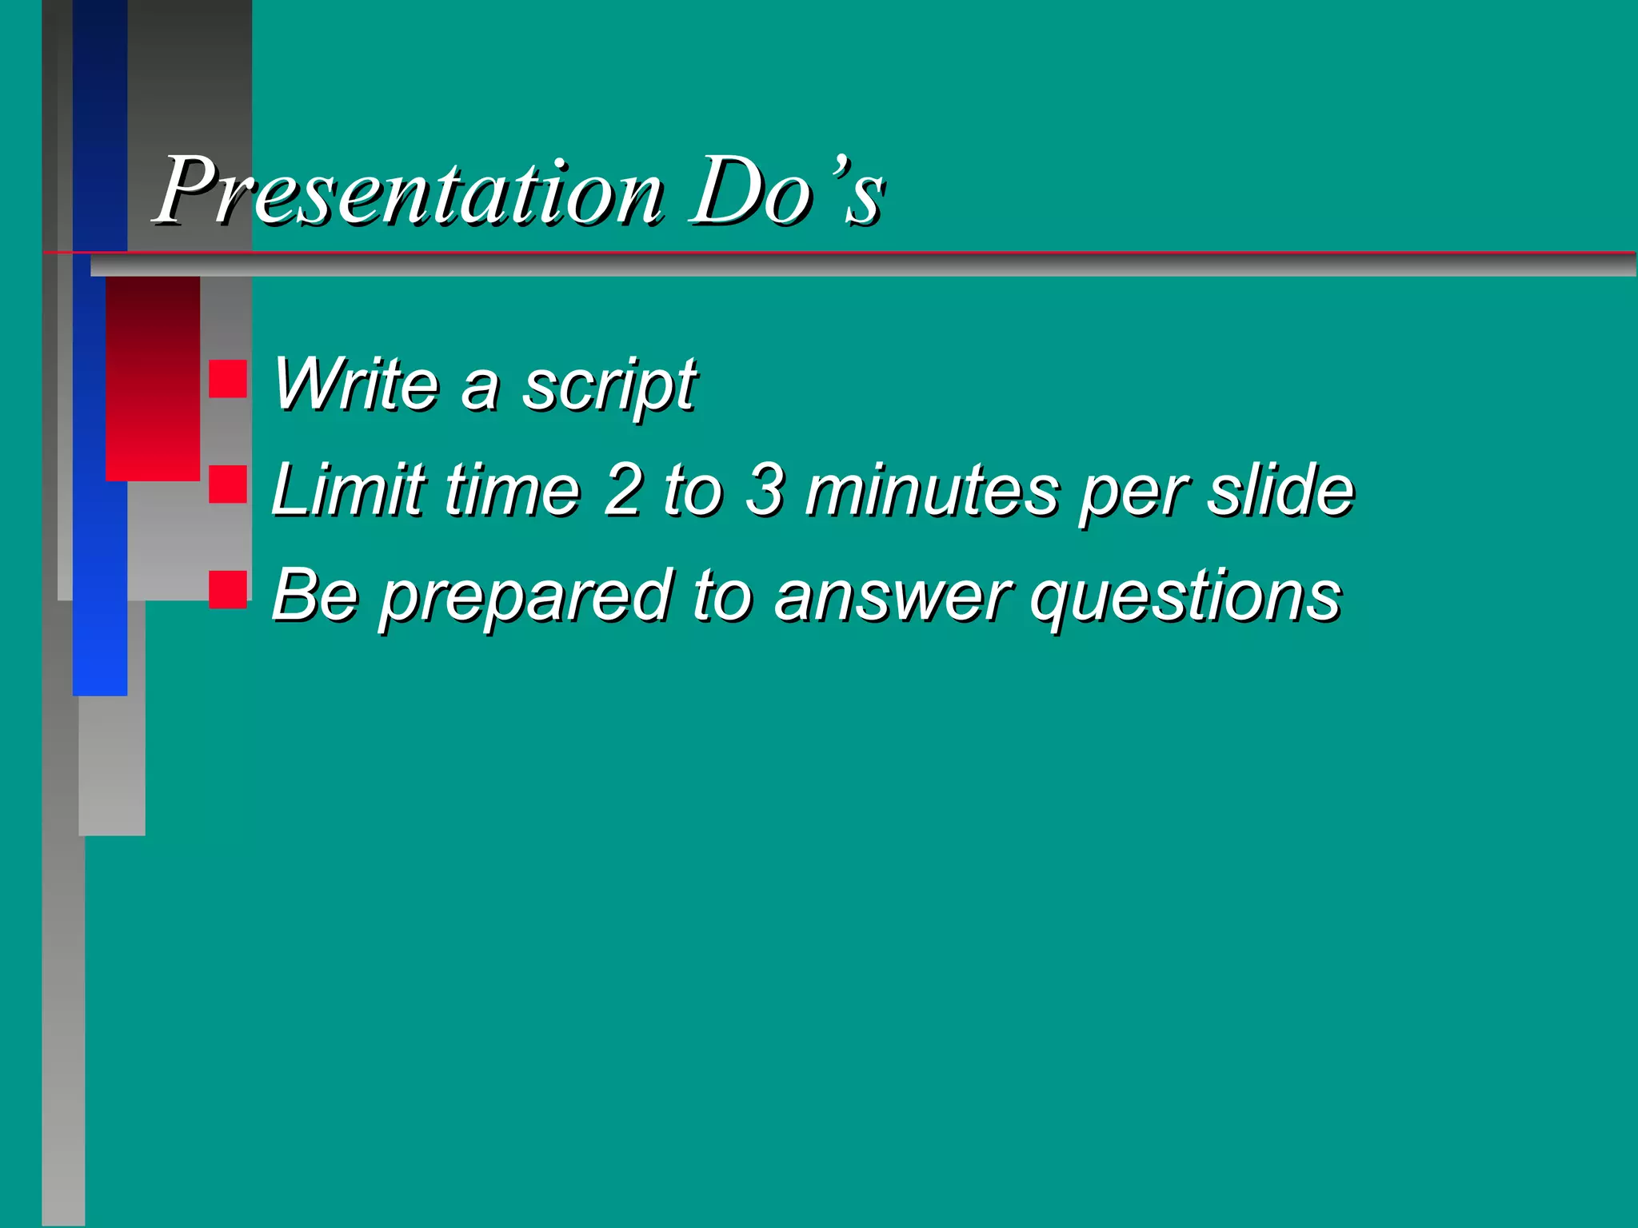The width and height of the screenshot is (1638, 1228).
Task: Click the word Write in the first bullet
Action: click(356, 385)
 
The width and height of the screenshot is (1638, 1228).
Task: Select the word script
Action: click(609, 386)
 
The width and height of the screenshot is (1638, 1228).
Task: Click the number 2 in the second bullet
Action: click(623, 489)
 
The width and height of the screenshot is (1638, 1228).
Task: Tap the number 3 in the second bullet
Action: click(765, 489)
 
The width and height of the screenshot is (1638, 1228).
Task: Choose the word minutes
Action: click(932, 489)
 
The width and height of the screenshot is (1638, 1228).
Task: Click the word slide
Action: click(1280, 489)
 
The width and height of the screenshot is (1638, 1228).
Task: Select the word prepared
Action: click(525, 596)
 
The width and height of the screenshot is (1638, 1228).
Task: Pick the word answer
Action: click(892, 596)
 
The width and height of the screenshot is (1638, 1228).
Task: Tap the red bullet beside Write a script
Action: click(228, 379)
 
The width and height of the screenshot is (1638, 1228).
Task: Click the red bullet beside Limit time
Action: click(228, 484)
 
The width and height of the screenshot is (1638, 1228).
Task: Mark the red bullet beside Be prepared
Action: click(228, 590)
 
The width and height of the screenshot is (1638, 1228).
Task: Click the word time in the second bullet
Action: click(512, 489)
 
